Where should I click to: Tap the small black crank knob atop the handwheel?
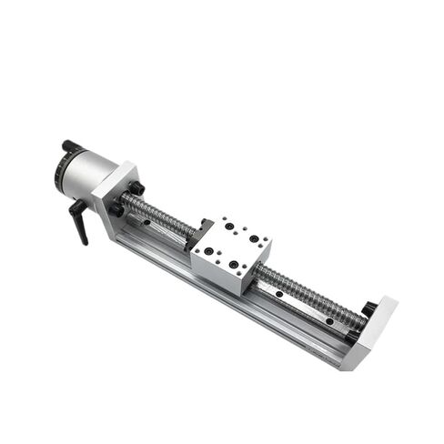coord(71,145)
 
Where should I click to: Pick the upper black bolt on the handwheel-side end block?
coord(136,188)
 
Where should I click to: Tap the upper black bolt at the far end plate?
coord(369,310)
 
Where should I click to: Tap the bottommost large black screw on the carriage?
coord(234,265)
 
